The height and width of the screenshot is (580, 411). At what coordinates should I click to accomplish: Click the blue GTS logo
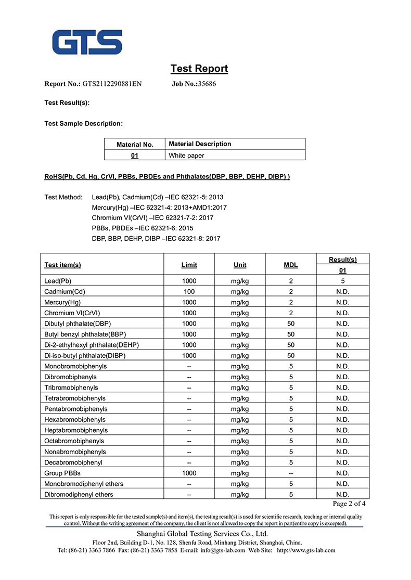point(87,43)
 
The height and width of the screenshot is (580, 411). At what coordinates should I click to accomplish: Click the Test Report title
point(199,69)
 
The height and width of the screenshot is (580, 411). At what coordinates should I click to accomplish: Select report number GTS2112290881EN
point(112,84)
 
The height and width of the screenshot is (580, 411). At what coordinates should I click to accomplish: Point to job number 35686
point(207,84)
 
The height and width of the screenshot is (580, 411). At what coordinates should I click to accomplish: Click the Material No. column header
point(135,145)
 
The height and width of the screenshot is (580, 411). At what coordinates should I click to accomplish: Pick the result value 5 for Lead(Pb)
point(343,281)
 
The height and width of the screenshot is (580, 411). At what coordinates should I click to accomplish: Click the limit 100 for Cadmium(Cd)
point(189,292)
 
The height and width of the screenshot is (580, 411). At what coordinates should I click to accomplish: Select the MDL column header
point(291,265)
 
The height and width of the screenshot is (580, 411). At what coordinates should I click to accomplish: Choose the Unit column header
point(240,265)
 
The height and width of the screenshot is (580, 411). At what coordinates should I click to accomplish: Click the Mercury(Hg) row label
point(63,302)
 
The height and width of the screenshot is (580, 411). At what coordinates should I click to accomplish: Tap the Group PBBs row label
point(62,473)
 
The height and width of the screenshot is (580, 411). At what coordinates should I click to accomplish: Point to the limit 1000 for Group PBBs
point(189,473)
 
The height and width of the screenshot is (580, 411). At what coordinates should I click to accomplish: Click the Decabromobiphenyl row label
point(73,462)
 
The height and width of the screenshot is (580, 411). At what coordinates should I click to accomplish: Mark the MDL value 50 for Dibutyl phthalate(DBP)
point(291,324)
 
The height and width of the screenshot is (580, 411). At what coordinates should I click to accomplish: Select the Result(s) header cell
point(343,260)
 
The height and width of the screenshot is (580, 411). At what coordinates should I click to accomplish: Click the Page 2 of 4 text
point(349,504)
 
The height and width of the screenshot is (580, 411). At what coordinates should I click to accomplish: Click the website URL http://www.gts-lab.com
point(306,550)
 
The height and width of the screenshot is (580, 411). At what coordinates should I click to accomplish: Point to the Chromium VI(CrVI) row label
point(72,313)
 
